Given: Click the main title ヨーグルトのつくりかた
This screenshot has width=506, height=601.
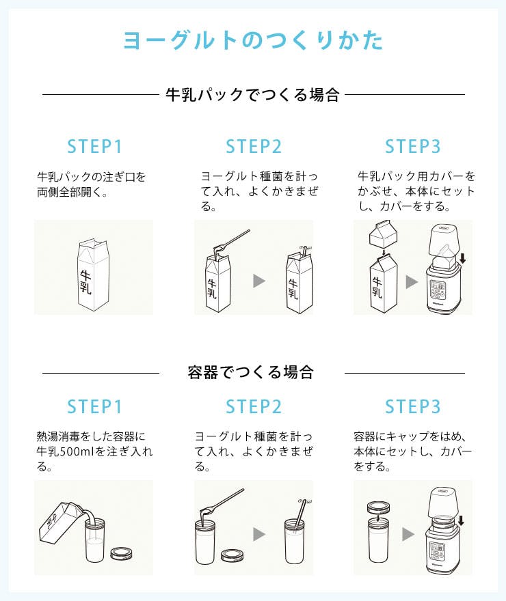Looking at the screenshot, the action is (253, 40).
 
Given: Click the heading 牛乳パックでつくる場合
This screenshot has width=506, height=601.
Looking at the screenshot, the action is (253, 95).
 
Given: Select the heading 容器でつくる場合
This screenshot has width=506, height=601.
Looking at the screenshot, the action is (251, 372).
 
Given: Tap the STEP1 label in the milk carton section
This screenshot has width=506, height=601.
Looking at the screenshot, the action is (94, 146).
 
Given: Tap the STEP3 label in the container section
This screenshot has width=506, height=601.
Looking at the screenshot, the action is (413, 406).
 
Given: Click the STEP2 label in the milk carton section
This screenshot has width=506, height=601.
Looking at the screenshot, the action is (254, 146).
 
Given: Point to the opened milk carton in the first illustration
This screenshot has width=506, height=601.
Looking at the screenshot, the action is (94, 275).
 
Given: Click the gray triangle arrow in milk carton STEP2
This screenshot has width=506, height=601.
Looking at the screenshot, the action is (259, 281).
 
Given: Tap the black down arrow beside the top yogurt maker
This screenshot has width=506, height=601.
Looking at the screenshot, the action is (463, 259).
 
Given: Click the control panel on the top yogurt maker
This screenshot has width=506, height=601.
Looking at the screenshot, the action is (438, 290).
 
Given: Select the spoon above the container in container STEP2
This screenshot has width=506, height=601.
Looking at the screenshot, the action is (222, 502).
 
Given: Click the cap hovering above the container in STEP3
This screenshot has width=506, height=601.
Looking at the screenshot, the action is (378, 508).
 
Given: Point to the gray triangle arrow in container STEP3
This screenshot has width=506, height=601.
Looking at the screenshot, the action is (408, 534).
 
